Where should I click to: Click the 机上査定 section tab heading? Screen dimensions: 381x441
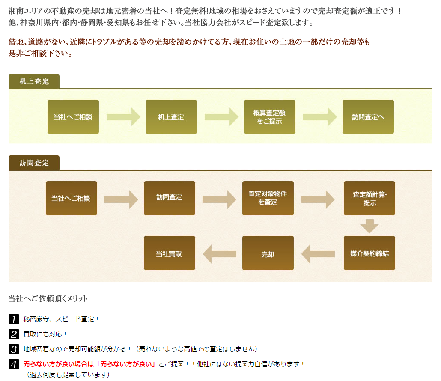click(x=34, y=81)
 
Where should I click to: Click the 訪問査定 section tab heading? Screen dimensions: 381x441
click(x=34, y=163)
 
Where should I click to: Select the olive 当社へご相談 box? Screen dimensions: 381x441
click(x=73, y=117)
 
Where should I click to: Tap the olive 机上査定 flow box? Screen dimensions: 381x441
click(x=171, y=117)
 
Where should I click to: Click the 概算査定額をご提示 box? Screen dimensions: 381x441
click(x=269, y=117)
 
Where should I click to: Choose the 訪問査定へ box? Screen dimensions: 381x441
click(x=368, y=117)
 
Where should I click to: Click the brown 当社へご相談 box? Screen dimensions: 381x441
click(x=71, y=198)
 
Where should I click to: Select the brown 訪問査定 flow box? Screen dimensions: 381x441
click(x=169, y=198)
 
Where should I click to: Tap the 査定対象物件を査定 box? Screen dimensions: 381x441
click(x=268, y=198)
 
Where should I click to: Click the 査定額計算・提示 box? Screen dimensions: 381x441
click(x=369, y=198)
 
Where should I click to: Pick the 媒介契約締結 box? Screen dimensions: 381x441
click(x=369, y=253)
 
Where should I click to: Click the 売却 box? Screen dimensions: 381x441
click(x=268, y=253)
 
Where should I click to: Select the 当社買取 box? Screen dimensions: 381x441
click(x=169, y=253)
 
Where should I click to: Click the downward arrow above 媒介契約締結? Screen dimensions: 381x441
click(x=369, y=226)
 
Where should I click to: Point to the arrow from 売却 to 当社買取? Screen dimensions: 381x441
click(x=219, y=254)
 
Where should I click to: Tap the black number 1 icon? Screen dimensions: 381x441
click(x=14, y=319)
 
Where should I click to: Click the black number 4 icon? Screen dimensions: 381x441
click(x=14, y=364)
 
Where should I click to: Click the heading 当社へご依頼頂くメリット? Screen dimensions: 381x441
click(x=48, y=298)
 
